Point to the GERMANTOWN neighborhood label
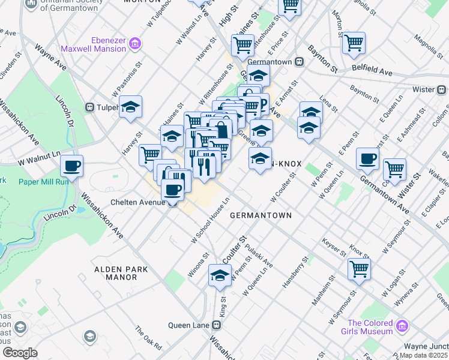coord(261,215)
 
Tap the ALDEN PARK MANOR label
coord(121,274)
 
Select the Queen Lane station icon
coord(217,325)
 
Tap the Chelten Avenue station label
coord(137,203)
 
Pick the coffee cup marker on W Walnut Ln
coord(71,166)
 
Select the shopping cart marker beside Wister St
coord(394,169)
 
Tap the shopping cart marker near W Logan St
coord(359,269)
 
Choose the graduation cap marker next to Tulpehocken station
coord(130,107)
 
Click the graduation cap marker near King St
coord(220,275)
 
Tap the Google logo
coord(20,353)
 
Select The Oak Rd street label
coord(148,339)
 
